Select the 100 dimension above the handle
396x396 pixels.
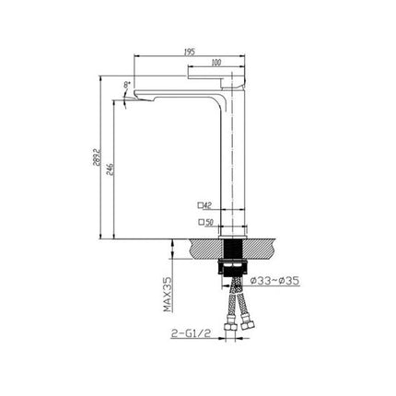click(x=215, y=64)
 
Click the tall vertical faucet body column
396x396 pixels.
click(x=232, y=166)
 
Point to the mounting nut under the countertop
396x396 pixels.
click(x=232, y=269)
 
